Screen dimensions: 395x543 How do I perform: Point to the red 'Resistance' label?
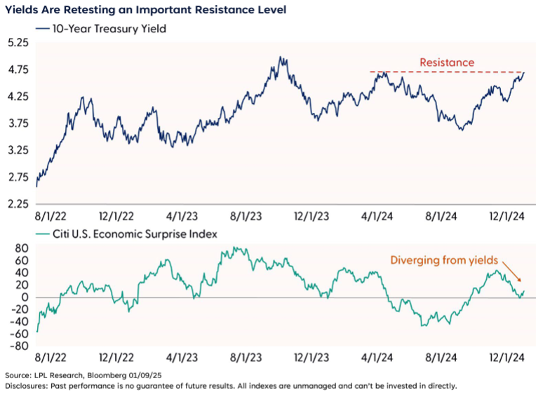click(446, 62)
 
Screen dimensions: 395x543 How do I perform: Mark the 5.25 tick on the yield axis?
click(18, 43)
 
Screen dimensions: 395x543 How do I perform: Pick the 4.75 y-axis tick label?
click(18, 69)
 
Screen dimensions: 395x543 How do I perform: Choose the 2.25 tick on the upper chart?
click(18, 204)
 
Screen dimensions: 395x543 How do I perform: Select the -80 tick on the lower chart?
click(20, 346)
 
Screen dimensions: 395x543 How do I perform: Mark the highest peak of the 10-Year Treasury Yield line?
click(281, 58)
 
